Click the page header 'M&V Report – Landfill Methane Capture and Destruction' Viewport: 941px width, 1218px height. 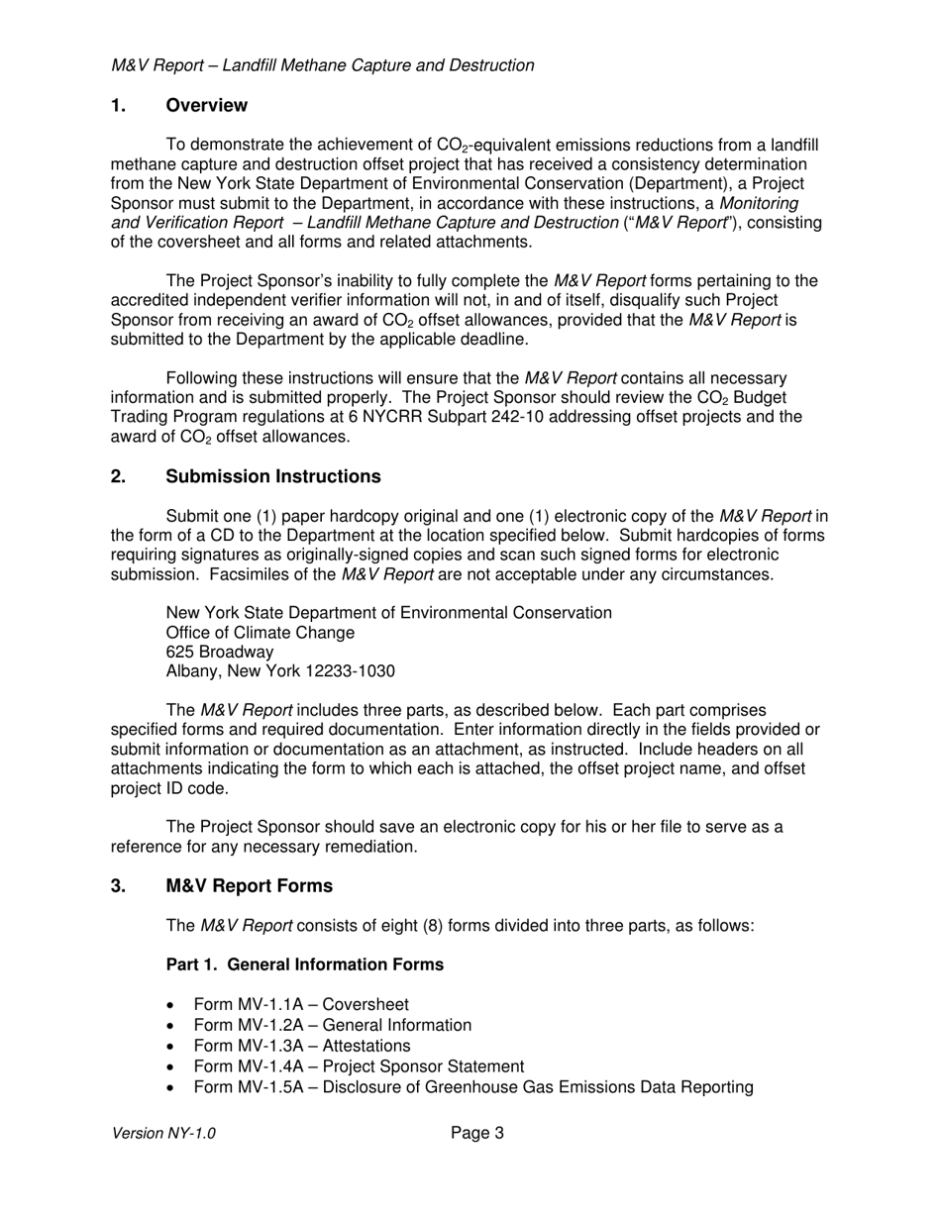click(x=323, y=65)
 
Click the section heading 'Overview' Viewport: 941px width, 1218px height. click(x=206, y=106)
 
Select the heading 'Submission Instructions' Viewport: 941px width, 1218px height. click(x=273, y=476)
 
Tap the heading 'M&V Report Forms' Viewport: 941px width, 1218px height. click(x=250, y=885)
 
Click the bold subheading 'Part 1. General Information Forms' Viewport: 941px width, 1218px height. click(x=305, y=964)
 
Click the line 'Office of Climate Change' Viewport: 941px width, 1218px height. click(x=261, y=632)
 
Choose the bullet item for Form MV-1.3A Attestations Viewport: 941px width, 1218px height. click(x=302, y=1046)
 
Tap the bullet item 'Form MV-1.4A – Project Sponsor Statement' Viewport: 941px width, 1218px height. click(x=359, y=1066)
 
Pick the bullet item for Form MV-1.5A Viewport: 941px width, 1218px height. click(x=473, y=1087)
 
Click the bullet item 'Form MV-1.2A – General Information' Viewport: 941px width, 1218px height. click(x=333, y=1025)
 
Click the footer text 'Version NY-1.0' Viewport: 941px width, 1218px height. click(x=163, y=1133)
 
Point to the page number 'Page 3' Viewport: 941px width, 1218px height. click(x=477, y=1133)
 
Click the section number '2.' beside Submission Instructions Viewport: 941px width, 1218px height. click(x=118, y=476)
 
